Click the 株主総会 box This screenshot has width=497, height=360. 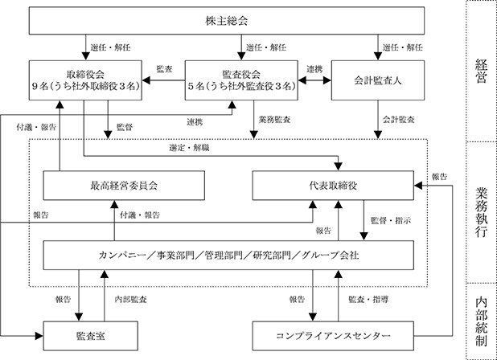point(227,21)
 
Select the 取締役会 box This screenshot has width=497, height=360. point(85,80)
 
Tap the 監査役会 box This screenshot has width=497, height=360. point(241,80)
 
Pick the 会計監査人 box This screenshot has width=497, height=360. point(378,80)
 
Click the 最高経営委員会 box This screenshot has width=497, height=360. point(124,186)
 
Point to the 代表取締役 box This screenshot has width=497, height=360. point(333,186)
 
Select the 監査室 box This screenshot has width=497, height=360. point(90,336)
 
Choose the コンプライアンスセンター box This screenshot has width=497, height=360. point(333,336)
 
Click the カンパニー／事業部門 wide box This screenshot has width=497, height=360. point(228,256)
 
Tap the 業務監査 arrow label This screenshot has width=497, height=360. point(274,120)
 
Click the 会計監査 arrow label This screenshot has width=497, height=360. point(398,120)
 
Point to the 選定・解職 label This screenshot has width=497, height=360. point(189,148)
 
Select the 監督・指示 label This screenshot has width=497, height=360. point(391,221)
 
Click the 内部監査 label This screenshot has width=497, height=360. point(130,300)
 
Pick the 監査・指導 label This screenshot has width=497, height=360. point(368,300)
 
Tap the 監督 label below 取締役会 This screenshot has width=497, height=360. point(125,127)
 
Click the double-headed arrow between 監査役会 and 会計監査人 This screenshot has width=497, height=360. point(314,80)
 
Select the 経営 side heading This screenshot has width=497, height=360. point(481,71)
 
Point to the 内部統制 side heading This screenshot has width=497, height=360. point(481,321)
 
